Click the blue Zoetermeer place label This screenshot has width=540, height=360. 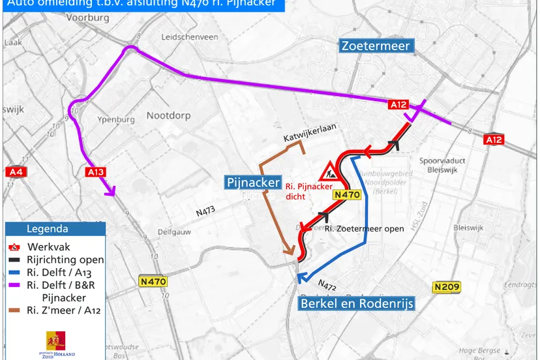coord(376,46)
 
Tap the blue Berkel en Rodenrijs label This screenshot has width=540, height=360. coord(357,303)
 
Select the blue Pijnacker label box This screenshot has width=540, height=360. coord(253,182)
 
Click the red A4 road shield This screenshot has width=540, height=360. coord(15,172)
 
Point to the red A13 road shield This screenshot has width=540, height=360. coord(95,172)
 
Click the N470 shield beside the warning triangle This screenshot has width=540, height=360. coord(346,194)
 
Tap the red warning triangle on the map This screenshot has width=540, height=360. coord(328,172)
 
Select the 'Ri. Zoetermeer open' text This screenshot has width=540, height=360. coord(357,228)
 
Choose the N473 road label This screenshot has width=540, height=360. coord(206,212)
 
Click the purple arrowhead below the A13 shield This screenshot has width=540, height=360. coord(111,191)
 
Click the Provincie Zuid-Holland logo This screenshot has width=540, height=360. coord(55,343)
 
